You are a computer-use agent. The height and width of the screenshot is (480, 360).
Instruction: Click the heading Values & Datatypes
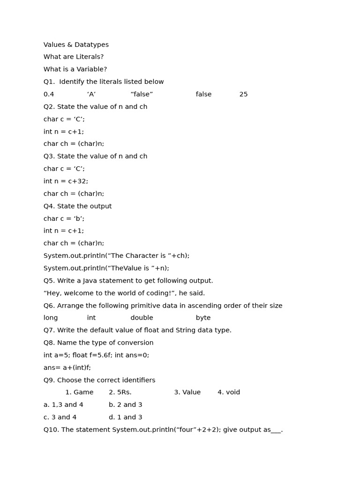pos(76,45)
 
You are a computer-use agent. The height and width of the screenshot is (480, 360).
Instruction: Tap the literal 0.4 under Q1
pos(49,95)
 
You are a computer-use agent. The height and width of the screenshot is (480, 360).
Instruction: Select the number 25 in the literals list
pos(243,95)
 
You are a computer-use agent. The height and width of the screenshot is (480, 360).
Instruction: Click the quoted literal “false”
pos(142,95)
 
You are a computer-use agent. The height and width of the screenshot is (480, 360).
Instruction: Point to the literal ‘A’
pos(91,95)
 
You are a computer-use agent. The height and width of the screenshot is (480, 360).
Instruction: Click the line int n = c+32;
pos(66,181)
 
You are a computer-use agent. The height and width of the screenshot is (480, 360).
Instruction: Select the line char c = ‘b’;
pos(64,219)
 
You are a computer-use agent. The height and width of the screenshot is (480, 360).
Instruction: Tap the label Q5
pos(49,281)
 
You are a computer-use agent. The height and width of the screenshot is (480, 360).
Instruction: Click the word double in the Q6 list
pos(142,318)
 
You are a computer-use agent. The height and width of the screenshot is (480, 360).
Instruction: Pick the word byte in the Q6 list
pos(203,318)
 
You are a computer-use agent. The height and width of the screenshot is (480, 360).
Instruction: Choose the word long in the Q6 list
pos(51,318)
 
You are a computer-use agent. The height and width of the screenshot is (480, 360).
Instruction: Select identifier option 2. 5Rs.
pos(120,392)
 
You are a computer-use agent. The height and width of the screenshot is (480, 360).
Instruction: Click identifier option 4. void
pos(229,392)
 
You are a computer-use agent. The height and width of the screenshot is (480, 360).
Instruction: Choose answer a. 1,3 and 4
pos(63,405)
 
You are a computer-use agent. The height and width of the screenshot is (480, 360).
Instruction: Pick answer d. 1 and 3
pos(126,417)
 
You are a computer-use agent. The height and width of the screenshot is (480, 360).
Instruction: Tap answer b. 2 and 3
pos(126,405)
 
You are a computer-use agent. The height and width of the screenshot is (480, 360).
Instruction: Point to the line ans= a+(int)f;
pos(67,368)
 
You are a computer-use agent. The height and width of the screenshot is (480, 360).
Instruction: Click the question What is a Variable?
pos(75,69)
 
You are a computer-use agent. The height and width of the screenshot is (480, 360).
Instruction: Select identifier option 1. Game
pos(79,392)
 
